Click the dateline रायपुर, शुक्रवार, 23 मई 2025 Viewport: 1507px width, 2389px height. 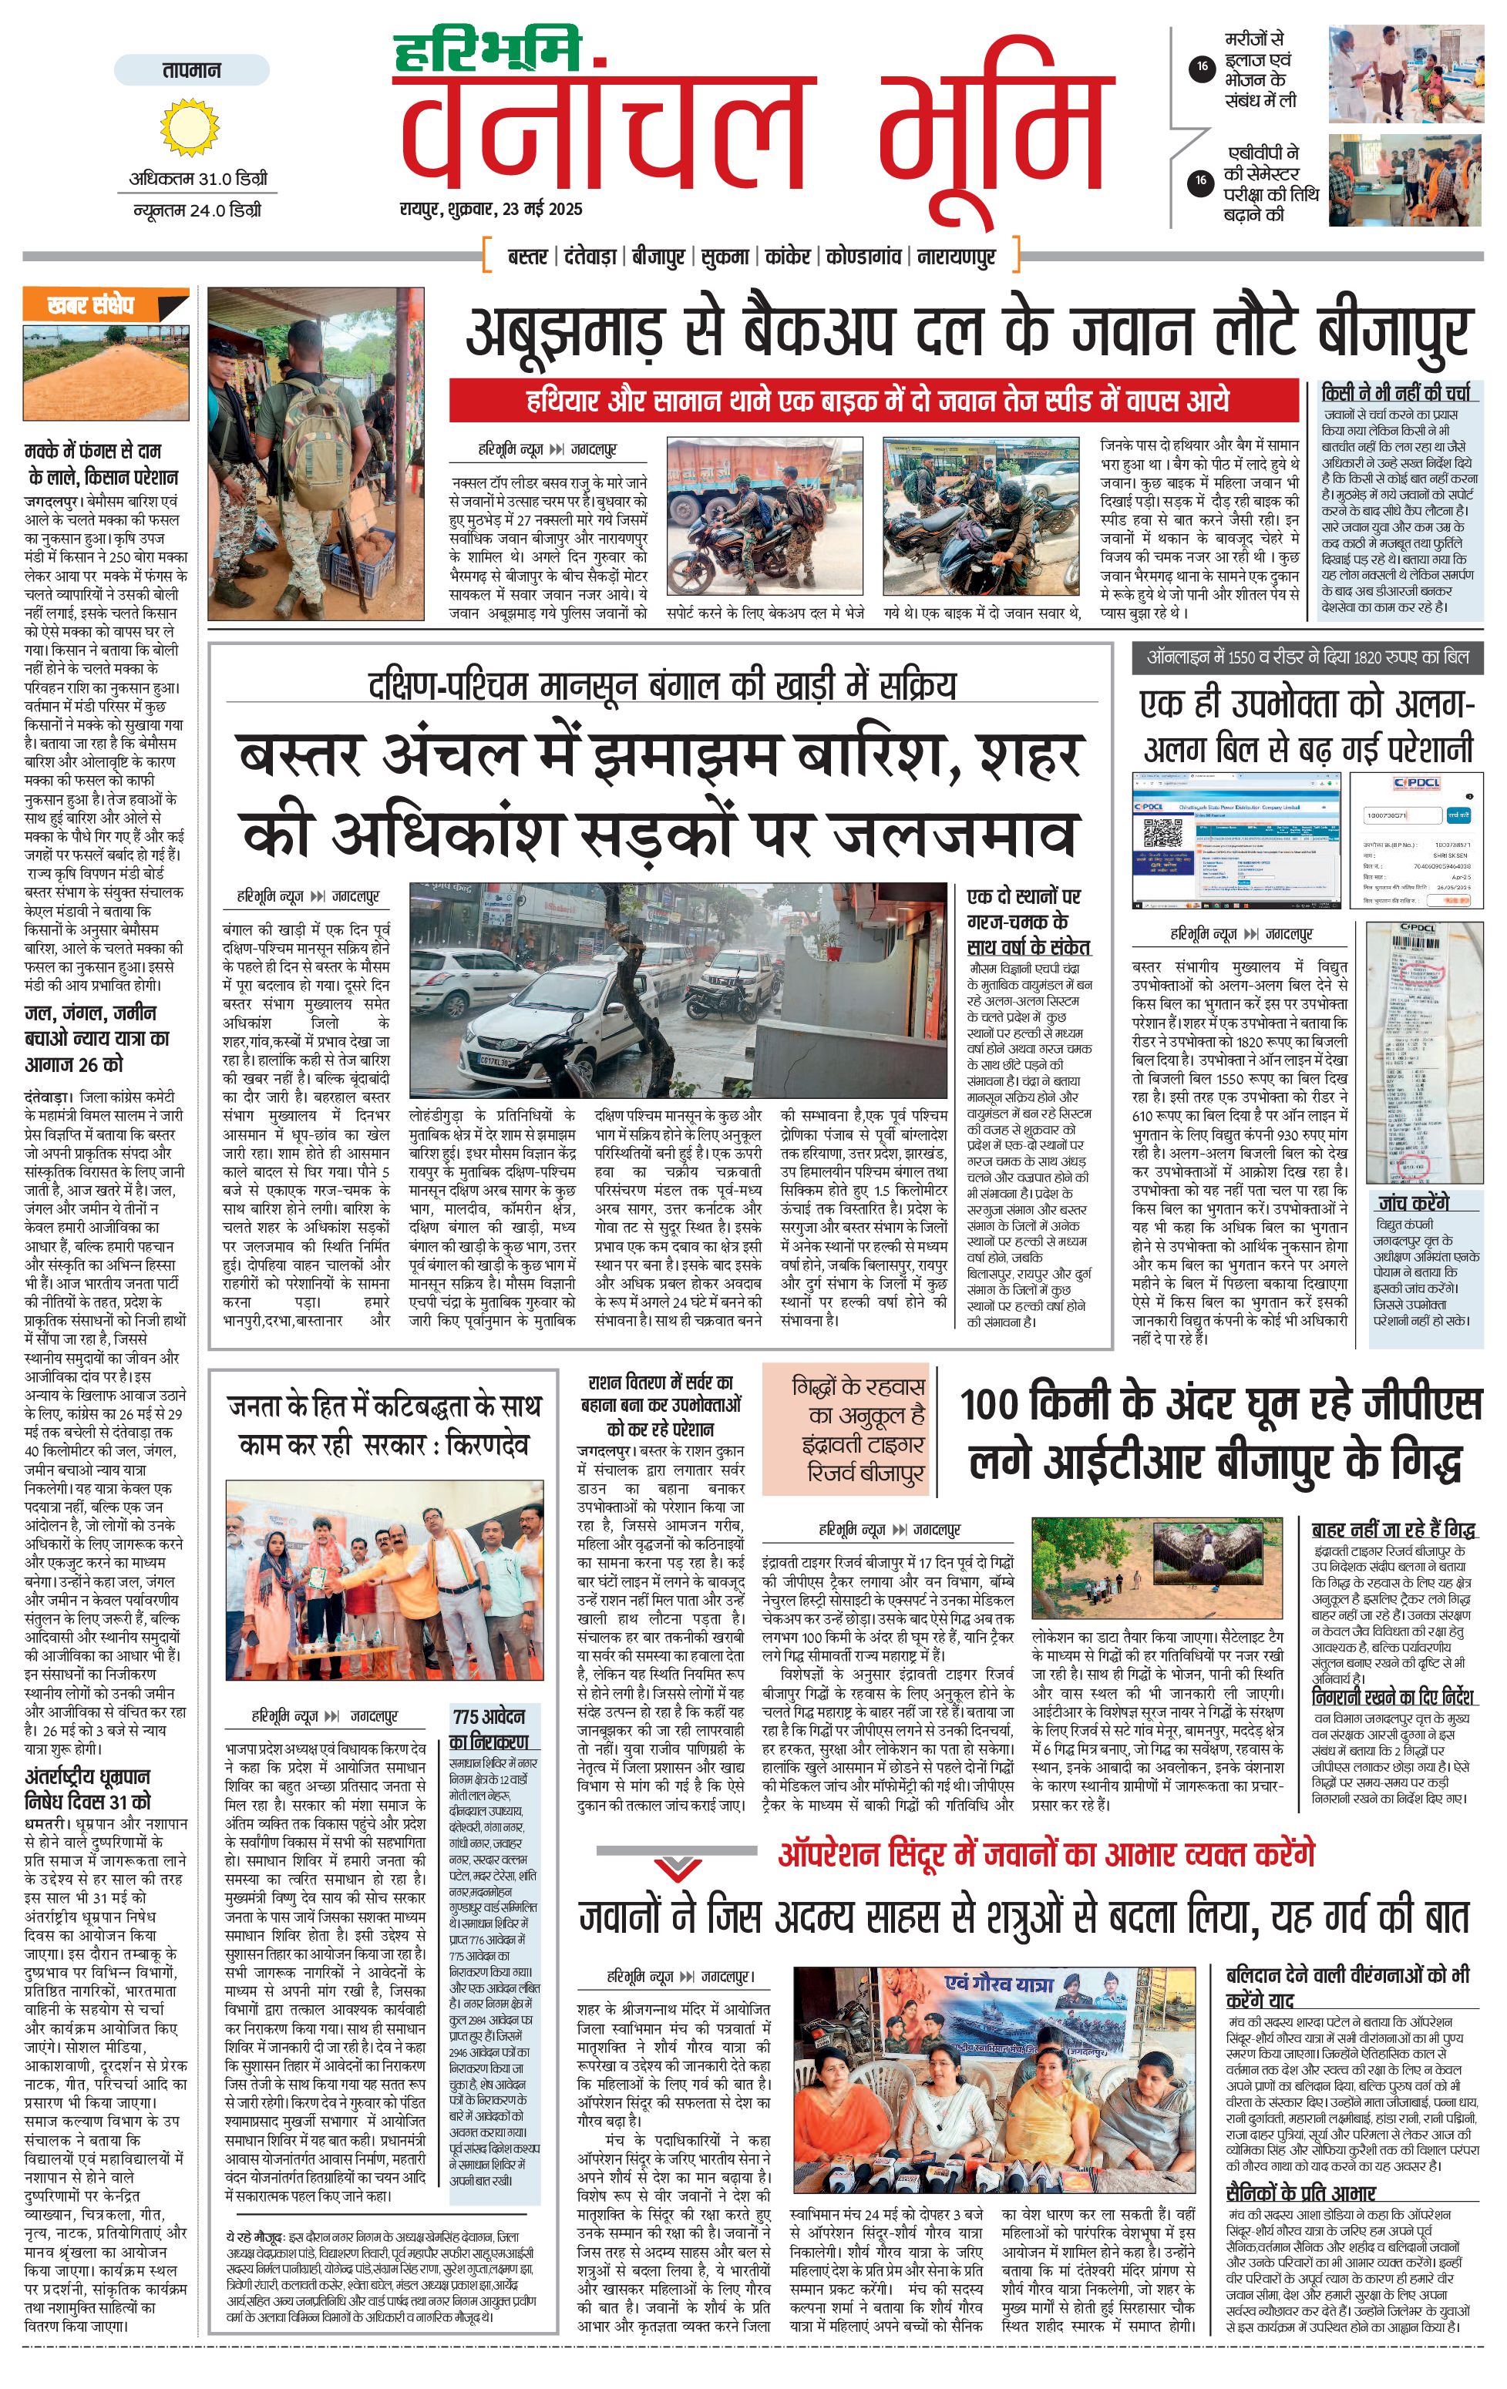(x=491, y=210)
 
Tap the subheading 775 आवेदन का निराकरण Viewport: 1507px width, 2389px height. (x=490, y=1729)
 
